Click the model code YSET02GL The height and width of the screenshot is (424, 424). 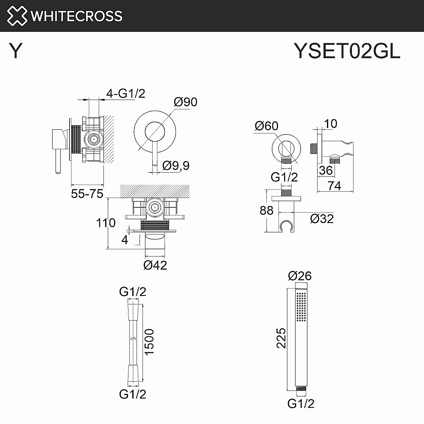pos(347,52)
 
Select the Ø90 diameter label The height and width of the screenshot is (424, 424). pos(185,102)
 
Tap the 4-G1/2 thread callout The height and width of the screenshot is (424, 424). pos(126,93)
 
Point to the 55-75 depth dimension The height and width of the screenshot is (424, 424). pos(87,194)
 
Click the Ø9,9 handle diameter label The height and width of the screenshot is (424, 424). pos(176,166)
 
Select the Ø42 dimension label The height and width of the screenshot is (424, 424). pos(155,265)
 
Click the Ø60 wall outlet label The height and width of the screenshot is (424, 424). pos(266,126)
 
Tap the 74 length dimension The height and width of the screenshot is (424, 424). pos(335,185)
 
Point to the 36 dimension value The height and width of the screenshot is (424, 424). pos(325,170)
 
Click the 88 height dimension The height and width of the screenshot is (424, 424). pos(267,210)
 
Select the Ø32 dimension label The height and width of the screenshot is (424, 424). pos(322,219)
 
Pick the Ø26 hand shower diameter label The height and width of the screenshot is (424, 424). pos(300,276)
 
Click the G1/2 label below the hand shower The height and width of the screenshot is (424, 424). pos(301,404)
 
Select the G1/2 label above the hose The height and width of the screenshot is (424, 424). pos(133,291)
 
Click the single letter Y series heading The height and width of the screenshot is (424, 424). pos(16,52)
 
